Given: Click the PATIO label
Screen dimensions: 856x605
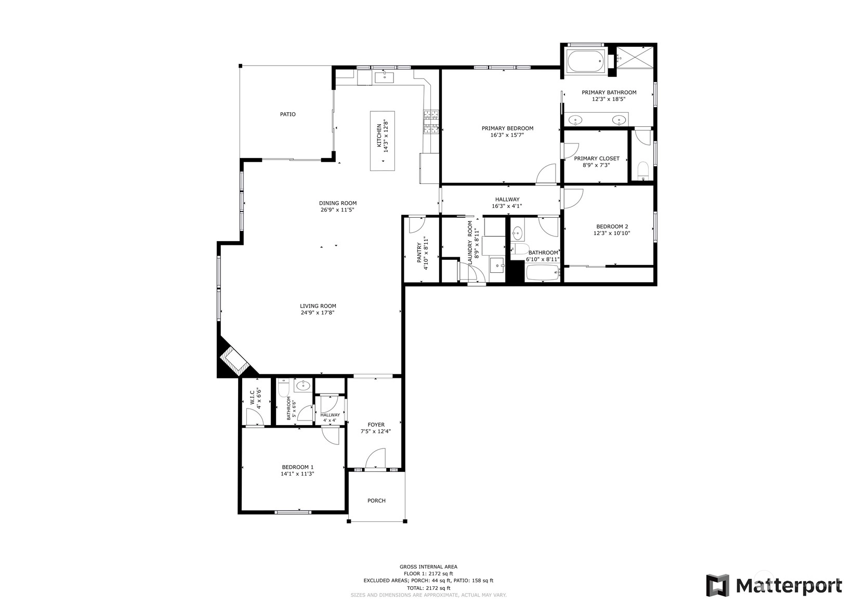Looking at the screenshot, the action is click(x=288, y=114).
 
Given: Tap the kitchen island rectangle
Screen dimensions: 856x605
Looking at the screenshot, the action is click(x=382, y=141).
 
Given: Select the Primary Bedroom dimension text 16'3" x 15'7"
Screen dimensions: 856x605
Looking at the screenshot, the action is click(x=507, y=135).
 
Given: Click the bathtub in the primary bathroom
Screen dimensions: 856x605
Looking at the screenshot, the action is click(x=585, y=61).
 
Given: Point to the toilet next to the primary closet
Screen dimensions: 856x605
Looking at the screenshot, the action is click(x=643, y=171).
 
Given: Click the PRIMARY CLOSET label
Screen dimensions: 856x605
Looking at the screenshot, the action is click(x=597, y=159).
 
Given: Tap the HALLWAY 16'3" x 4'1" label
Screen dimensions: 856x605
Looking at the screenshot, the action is click(x=507, y=203).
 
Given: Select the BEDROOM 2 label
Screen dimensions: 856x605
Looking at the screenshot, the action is click(x=612, y=227).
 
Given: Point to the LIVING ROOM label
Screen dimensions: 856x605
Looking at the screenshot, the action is click(x=318, y=306).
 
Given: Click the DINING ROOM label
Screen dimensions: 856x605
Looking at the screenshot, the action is click(x=338, y=203).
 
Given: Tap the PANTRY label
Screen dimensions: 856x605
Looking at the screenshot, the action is click(x=419, y=253).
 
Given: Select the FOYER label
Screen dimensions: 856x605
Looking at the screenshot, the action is click(x=376, y=425).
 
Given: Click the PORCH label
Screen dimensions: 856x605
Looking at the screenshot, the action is click(x=376, y=501).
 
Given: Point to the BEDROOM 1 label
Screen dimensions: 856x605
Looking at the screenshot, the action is click(x=298, y=467).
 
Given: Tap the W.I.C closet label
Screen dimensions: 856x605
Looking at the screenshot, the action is click(x=253, y=398).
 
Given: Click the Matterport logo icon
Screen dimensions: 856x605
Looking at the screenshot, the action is click(x=717, y=585).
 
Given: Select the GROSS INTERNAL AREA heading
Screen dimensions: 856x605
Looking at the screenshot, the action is click(x=428, y=567).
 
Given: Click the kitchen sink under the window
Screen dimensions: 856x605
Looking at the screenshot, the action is click(x=384, y=77).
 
